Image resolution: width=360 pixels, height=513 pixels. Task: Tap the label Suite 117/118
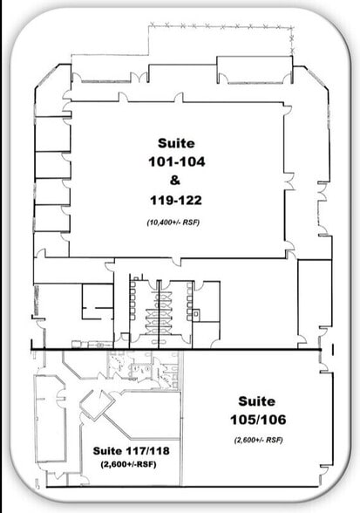[130, 451]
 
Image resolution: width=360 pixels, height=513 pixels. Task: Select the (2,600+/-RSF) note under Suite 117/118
[130, 465]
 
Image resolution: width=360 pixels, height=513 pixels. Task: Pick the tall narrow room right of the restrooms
[313, 301]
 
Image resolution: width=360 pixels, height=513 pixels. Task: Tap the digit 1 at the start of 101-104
[153, 161]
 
